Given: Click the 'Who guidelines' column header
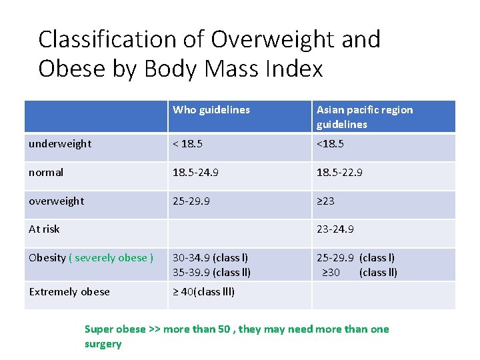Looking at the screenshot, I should (x=211, y=110).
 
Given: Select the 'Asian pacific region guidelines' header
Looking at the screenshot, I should (x=364, y=117).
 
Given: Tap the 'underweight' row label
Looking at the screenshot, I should (x=60, y=143).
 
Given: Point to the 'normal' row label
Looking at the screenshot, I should (x=46, y=172).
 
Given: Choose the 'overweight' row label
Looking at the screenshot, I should (x=56, y=201).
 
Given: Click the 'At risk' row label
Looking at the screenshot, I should (x=44, y=229).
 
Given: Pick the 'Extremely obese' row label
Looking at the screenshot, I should (x=69, y=291).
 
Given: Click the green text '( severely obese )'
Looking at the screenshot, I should (x=111, y=257).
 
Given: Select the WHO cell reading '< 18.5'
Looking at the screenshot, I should (x=187, y=143).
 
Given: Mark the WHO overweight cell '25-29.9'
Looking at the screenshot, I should (x=191, y=201).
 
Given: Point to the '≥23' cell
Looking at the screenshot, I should (x=325, y=201).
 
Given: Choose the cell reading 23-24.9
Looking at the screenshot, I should (x=335, y=229).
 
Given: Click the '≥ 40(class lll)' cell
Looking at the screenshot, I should (x=204, y=291).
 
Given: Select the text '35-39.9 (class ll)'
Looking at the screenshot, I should (x=211, y=272).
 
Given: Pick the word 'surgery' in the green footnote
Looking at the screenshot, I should (x=103, y=344).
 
